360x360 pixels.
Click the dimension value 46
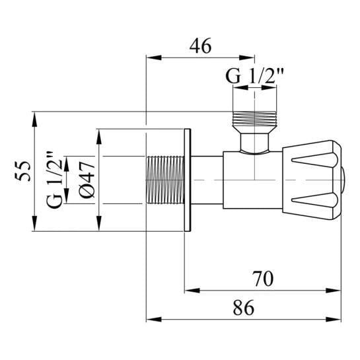[x=200, y=46]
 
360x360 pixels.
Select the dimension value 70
[x=263, y=279]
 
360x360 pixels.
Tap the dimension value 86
[x=244, y=308]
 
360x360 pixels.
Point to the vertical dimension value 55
[x=23, y=171]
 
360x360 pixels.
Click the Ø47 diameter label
[x=87, y=179]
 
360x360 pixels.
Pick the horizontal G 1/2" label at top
[x=254, y=76]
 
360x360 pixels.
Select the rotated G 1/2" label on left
[x=54, y=180]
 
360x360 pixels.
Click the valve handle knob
[x=314, y=180]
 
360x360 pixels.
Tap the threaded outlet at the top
[x=254, y=119]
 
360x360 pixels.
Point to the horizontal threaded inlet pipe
[x=165, y=180]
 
